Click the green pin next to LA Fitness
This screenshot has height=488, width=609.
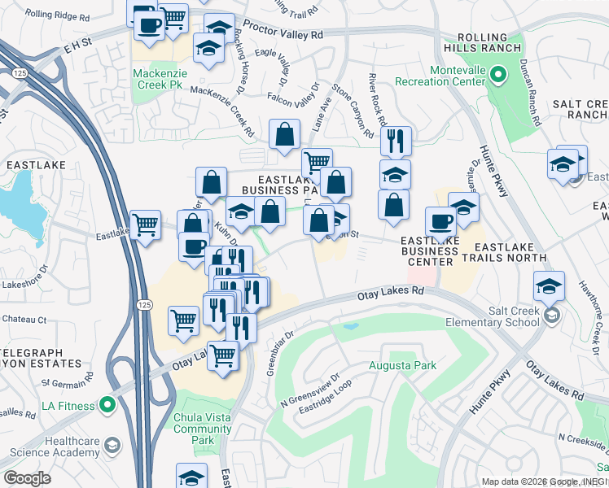pyautogui.click(x=107, y=405)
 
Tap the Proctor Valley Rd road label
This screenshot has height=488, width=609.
pyautogui.click(x=286, y=35)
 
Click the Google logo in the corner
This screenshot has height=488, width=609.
pyautogui.click(x=27, y=478)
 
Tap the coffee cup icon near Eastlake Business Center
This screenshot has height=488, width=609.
pyautogui.click(x=441, y=221)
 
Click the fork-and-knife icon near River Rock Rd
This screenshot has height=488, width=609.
pyautogui.click(x=396, y=140)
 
